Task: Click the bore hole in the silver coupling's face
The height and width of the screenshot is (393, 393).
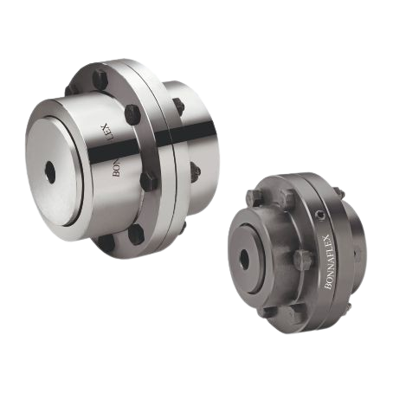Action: coord(51,172)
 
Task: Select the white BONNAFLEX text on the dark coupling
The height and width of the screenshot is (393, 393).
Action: coord(327,261)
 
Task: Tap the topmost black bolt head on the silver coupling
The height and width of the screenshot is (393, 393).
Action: coord(101,79)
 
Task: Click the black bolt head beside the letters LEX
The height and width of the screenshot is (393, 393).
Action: coord(132,113)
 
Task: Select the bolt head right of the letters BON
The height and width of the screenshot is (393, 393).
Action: coord(148,181)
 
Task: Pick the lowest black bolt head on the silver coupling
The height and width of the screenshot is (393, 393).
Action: coord(136,235)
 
